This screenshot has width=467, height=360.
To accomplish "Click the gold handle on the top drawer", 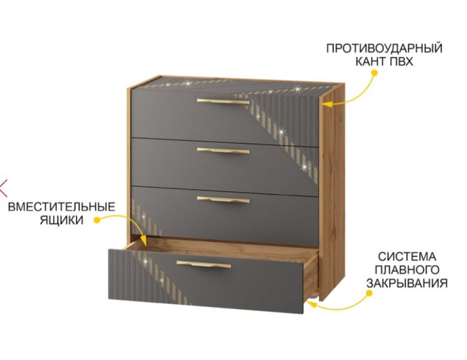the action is pos(223,102).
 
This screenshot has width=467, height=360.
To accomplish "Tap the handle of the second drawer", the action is pos(223,150).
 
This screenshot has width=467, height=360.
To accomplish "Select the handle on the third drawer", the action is pos(223,200).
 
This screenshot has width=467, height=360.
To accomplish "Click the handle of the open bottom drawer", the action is pos(204,264).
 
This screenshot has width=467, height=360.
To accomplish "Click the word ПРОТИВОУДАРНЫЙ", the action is pos(384,48).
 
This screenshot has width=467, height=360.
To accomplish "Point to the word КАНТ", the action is pos(371,62).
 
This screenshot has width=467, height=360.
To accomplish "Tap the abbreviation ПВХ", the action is pos(401,62).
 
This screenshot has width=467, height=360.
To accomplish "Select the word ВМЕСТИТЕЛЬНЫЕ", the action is pos(62,207).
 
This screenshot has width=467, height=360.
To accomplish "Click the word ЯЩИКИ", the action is pos(62,220).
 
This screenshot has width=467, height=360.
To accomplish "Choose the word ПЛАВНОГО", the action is pos(407,270).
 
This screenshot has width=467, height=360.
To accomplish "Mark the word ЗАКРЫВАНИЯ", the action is pos(407,283).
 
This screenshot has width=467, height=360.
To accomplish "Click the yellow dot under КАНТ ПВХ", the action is pos(375,73).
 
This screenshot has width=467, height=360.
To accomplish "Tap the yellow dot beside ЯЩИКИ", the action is pos(97,220).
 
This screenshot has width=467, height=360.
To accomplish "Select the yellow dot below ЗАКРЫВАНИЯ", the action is pos(370,293).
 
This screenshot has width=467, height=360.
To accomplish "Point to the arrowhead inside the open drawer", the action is pos(143,241).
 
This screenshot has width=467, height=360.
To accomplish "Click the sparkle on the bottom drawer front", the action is pos(145,261).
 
